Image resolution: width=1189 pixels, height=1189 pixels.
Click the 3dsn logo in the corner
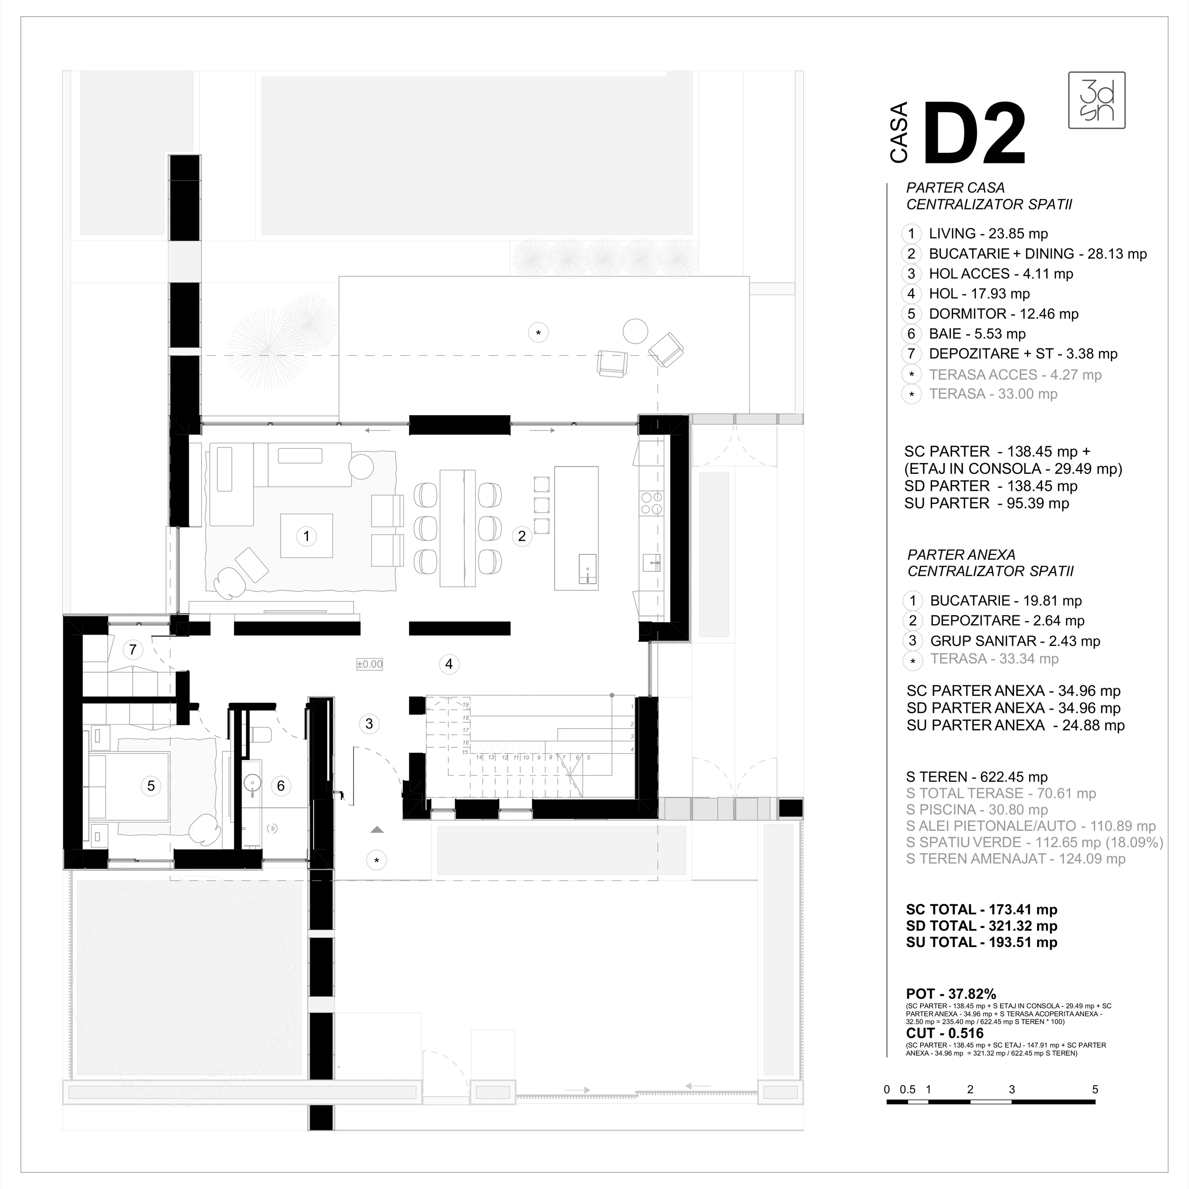coord(1097,100)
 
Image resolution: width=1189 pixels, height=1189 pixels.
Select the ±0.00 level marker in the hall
coord(369,664)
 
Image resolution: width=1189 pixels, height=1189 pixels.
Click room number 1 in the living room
coord(307,536)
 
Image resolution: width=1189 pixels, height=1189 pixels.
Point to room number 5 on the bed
coord(151,785)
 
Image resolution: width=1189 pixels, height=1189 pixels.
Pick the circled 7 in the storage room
coord(132,649)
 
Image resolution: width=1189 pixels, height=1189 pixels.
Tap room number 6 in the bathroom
coord(281,785)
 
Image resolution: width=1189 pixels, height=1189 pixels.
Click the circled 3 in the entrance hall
coord(369,723)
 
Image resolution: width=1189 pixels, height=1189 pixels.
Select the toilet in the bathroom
coord(261,734)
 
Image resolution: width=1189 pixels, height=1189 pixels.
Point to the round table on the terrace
coord(635,331)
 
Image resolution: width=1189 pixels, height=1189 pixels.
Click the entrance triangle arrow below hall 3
coord(377,830)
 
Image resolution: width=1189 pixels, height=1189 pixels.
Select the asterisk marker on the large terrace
coord(538,333)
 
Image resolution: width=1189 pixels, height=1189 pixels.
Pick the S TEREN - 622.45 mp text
coord(977,777)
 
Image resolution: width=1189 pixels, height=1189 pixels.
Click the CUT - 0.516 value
coord(945,1033)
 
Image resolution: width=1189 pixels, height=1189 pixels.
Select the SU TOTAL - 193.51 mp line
coord(981,942)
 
